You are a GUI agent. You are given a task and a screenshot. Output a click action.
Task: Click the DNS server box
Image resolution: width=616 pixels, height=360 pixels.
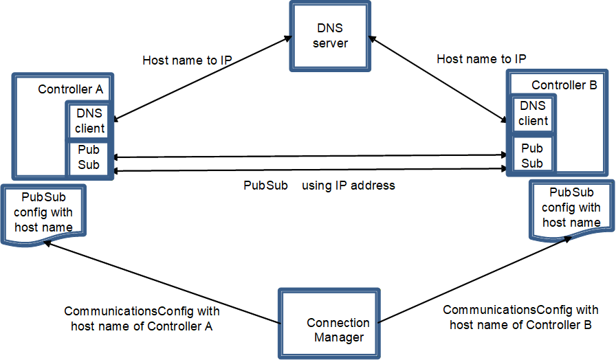(x=330, y=36)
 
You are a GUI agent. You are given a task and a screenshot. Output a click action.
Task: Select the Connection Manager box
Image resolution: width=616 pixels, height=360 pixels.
(x=329, y=324)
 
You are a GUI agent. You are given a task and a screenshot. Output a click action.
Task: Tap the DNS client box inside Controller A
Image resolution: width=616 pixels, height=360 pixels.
(x=89, y=120)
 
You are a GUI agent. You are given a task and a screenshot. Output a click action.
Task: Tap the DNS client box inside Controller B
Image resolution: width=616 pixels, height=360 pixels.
(x=533, y=113)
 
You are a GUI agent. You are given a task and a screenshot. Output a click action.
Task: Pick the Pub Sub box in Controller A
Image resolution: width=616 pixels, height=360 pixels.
(x=89, y=158)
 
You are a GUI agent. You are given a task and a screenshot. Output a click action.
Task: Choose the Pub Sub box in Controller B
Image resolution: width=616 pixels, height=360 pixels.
(x=533, y=155)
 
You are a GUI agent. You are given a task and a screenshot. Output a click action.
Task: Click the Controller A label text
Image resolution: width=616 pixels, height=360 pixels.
(x=71, y=89)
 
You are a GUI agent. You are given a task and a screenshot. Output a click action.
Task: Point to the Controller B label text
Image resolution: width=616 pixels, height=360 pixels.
(x=564, y=85)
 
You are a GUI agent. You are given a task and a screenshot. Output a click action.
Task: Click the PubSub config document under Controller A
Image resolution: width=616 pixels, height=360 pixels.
(x=43, y=214)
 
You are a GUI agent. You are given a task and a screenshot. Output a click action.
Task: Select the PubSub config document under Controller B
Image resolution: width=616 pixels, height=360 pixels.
(x=571, y=210)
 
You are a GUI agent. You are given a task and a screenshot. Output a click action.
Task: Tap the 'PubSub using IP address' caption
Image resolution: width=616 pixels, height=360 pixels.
(x=319, y=185)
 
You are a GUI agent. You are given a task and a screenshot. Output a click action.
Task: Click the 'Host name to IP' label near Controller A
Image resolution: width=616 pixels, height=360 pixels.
(x=187, y=60)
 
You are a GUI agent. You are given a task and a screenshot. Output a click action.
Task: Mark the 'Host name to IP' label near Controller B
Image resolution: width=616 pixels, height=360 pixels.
(x=481, y=59)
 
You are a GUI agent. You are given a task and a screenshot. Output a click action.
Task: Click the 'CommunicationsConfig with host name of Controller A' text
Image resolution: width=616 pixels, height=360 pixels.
(x=142, y=318)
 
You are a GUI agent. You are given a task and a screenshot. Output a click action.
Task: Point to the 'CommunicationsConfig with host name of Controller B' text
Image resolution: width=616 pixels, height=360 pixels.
(x=520, y=317)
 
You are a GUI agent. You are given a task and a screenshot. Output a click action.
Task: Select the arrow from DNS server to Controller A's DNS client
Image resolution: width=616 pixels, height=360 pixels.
(x=203, y=78)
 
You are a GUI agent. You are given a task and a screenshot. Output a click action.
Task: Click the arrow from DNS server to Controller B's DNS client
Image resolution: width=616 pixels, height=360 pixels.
(x=438, y=79)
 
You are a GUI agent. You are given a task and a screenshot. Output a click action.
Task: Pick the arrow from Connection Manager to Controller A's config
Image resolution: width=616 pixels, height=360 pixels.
(x=162, y=282)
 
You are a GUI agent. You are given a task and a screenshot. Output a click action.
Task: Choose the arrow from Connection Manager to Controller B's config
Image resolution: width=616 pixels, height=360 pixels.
(x=474, y=280)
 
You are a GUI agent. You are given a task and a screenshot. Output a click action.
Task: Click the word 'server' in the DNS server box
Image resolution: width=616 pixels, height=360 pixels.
(x=330, y=43)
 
